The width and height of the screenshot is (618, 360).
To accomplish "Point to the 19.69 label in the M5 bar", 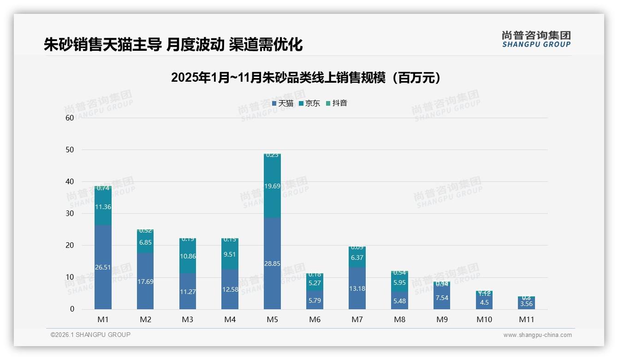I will [272, 186].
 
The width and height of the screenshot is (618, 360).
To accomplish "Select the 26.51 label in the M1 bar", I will [103, 267].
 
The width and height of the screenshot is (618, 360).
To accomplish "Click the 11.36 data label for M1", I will [103, 207].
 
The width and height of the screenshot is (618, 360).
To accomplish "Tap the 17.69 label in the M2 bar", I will [145, 281].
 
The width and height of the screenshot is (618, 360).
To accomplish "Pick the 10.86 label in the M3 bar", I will [188, 256].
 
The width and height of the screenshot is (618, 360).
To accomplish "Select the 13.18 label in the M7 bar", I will [357, 288].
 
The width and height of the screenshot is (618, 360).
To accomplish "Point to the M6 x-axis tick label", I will [315, 319].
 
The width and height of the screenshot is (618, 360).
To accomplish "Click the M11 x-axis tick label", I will [526, 319].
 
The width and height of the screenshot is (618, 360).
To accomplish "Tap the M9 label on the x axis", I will [442, 319].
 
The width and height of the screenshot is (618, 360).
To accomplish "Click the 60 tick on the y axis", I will [70, 118].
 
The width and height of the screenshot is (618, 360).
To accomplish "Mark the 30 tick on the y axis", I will [70, 213].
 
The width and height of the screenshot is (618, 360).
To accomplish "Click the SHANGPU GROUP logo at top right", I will [536, 39].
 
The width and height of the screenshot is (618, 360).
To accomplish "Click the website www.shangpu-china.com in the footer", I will [537, 335].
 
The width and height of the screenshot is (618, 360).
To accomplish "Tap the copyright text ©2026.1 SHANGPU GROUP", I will [90, 335].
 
